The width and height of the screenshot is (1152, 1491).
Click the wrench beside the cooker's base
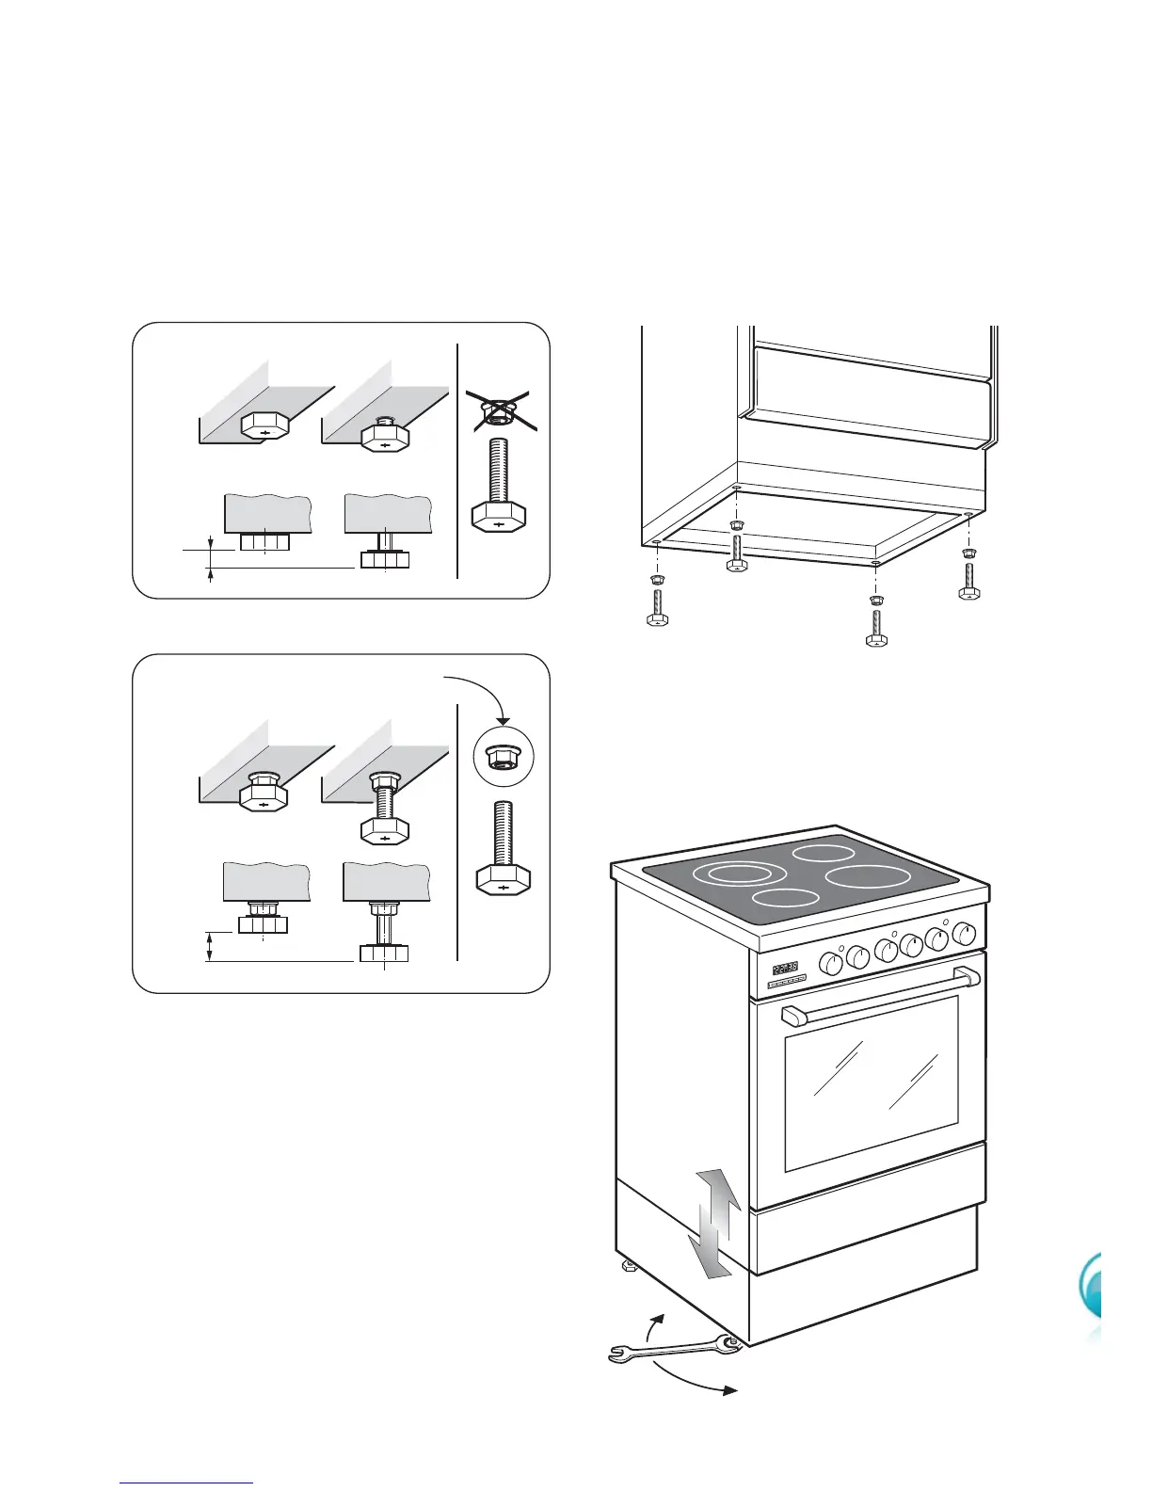(674, 1350)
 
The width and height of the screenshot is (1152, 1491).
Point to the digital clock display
(785, 967)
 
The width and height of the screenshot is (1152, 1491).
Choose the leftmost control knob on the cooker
(831, 963)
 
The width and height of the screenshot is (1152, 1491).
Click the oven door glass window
(871, 1082)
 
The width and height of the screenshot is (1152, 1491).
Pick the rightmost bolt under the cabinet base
(969, 580)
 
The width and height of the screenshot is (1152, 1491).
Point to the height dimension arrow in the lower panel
(210, 947)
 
